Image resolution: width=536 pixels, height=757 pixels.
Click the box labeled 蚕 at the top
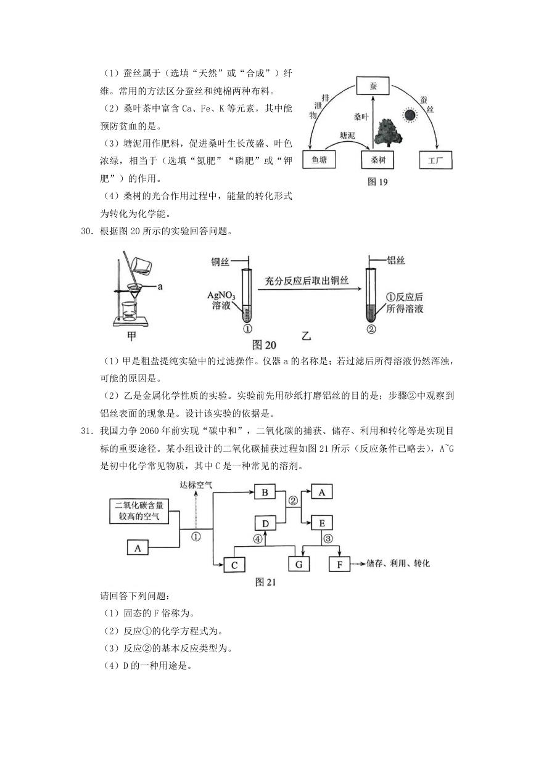coord(373,86)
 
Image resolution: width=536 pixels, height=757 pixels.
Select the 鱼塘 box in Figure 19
coord(319,159)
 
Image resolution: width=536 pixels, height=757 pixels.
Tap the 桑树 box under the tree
coord(377,160)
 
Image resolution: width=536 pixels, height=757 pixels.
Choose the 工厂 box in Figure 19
coord(435,160)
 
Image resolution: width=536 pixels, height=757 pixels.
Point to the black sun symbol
coord(409,115)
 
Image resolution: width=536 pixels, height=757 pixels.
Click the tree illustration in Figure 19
coord(388,133)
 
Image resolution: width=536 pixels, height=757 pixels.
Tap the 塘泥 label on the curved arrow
coord(347,136)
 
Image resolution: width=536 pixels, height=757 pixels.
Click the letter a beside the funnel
coord(160,287)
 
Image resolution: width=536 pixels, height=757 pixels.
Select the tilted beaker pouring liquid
coord(142,266)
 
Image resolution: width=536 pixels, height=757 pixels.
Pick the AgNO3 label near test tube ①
coord(221,295)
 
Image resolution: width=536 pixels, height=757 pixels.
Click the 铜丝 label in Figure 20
coord(220,262)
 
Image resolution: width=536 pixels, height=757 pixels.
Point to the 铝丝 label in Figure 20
coord(396,260)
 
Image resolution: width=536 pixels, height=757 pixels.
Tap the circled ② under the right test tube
coord(371,329)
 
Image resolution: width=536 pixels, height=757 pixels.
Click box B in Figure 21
coord(265,493)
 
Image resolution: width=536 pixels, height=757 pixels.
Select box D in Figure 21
coord(265,524)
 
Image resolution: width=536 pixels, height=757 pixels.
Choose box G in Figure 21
coord(299,565)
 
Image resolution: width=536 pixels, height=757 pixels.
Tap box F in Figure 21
coord(339,565)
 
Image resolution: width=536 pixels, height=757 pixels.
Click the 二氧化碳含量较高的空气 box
coord(139,511)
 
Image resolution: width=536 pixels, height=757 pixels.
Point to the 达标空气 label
coord(196,485)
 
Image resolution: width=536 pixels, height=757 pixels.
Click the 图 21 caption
coord(265,582)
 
